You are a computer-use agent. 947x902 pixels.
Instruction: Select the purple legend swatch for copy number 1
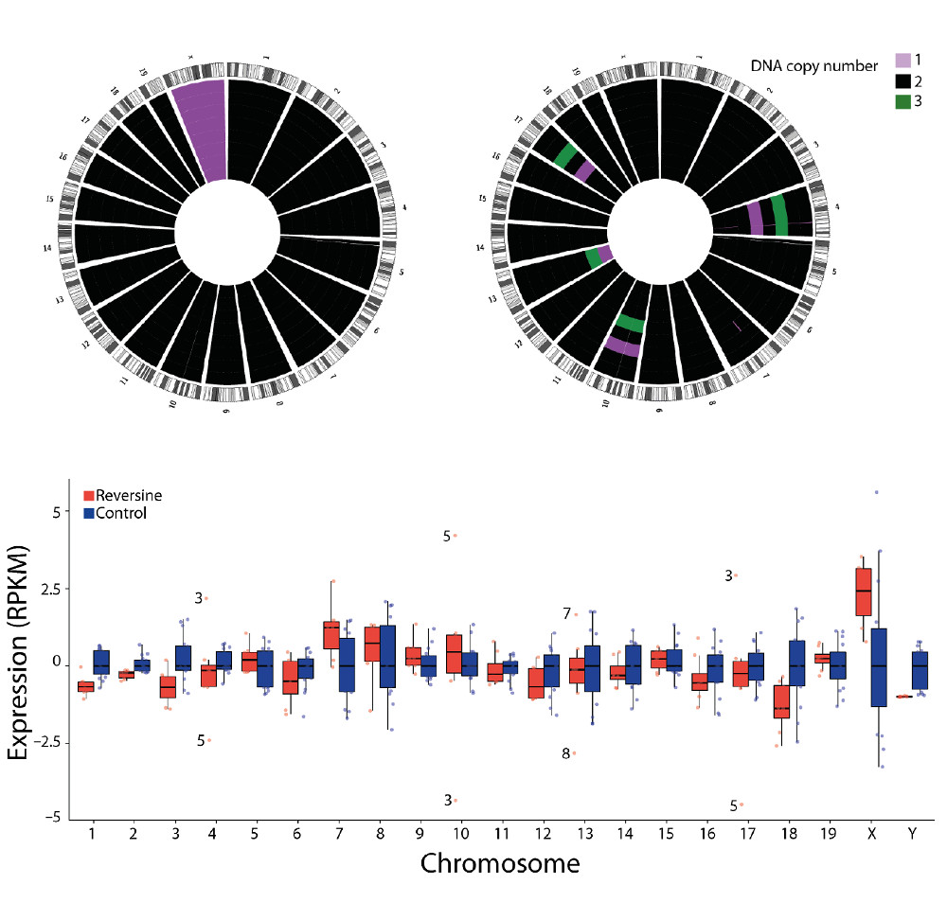click(x=904, y=61)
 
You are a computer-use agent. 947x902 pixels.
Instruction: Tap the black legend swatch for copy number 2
click(x=904, y=83)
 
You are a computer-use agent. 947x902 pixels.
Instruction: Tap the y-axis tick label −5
click(x=51, y=817)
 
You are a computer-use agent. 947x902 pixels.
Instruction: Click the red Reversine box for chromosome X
click(x=863, y=592)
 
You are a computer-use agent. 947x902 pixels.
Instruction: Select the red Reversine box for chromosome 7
click(x=331, y=634)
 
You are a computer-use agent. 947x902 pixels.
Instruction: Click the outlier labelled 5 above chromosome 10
click(x=456, y=536)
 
